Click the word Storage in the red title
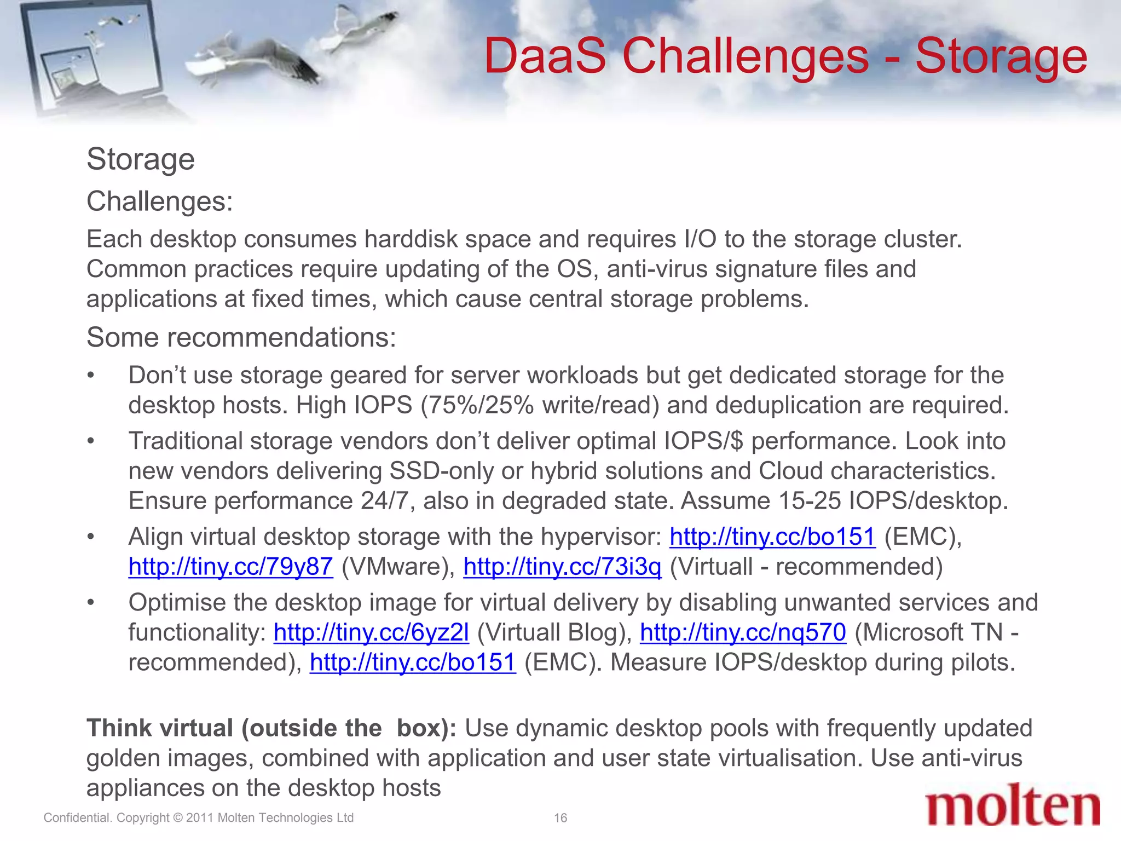(1001, 57)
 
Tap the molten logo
(1013, 805)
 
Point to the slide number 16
(560, 818)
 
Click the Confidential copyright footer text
(198, 818)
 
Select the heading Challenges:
(159, 201)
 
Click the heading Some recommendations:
(241, 337)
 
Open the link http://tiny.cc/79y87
(230, 567)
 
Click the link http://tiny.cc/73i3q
(562, 567)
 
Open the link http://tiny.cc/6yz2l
(371, 633)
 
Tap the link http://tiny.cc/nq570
(743, 633)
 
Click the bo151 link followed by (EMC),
(772, 537)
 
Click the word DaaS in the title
(545, 57)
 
